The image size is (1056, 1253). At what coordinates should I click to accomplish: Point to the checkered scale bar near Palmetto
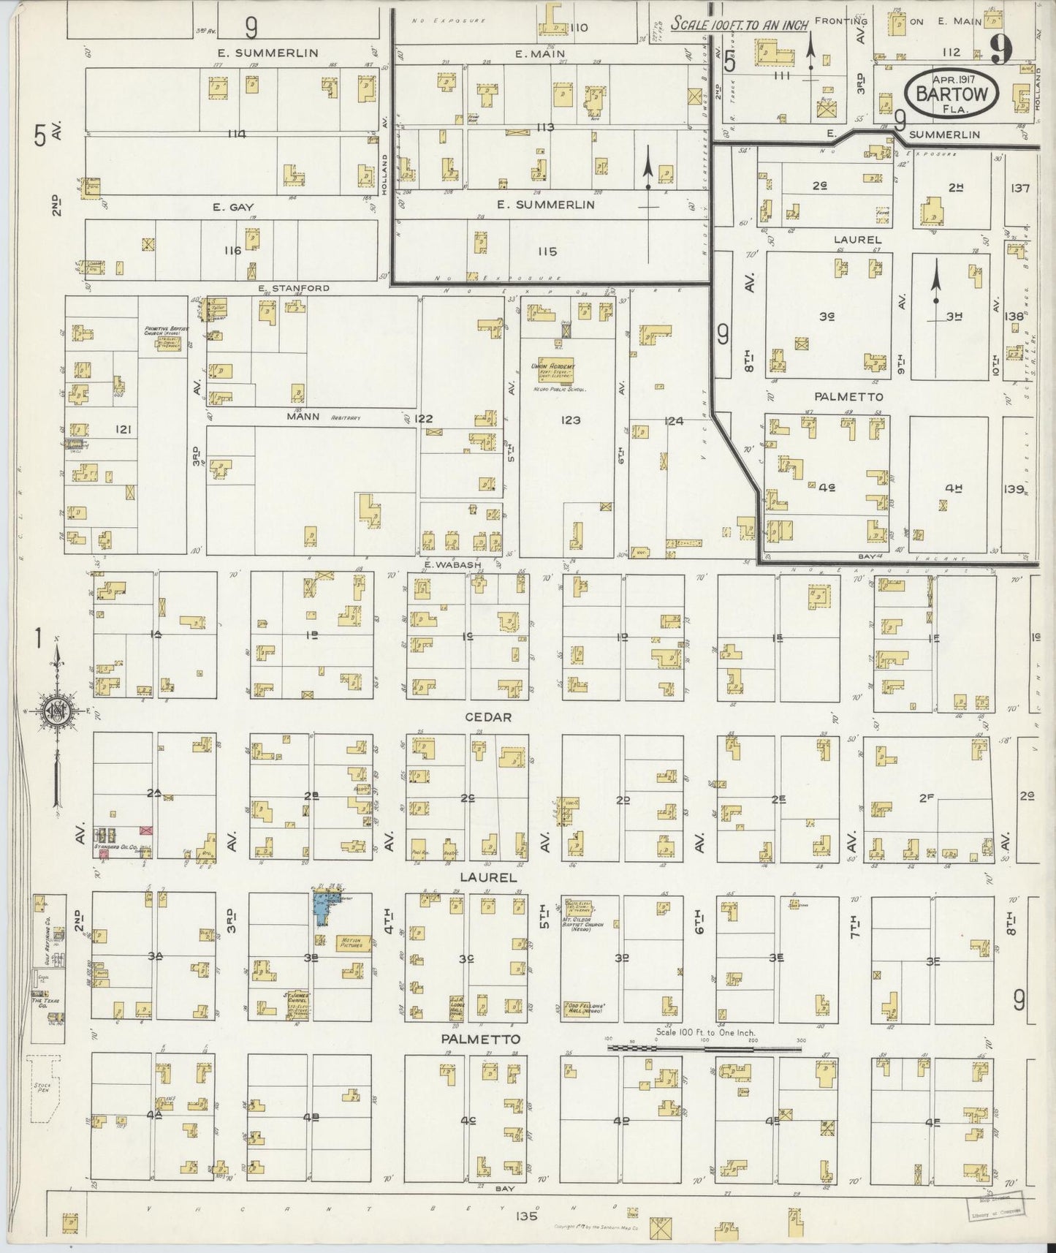[705, 1048]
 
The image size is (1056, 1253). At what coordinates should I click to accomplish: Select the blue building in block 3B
[320, 908]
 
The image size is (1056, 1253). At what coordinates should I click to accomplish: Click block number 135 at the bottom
[525, 1216]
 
